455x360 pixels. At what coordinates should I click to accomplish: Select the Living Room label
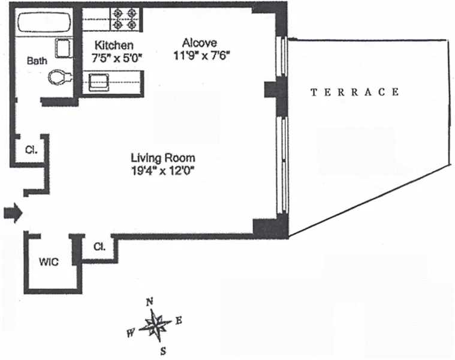[163, 158]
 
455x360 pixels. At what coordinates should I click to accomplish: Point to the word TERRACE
[354, 92]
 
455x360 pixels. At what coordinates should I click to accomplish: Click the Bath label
[37, 61]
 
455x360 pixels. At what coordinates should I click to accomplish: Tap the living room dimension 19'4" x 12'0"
[163, 171]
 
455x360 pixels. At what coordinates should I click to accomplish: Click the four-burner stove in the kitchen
[125, 19]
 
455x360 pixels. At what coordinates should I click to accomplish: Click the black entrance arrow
[13, 212]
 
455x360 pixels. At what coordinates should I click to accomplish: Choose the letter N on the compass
[151, 301]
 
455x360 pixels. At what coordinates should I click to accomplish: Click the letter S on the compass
[162, 350]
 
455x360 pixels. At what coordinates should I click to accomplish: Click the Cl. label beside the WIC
[100, 246]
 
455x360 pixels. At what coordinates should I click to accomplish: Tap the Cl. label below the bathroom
[31, 150]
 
